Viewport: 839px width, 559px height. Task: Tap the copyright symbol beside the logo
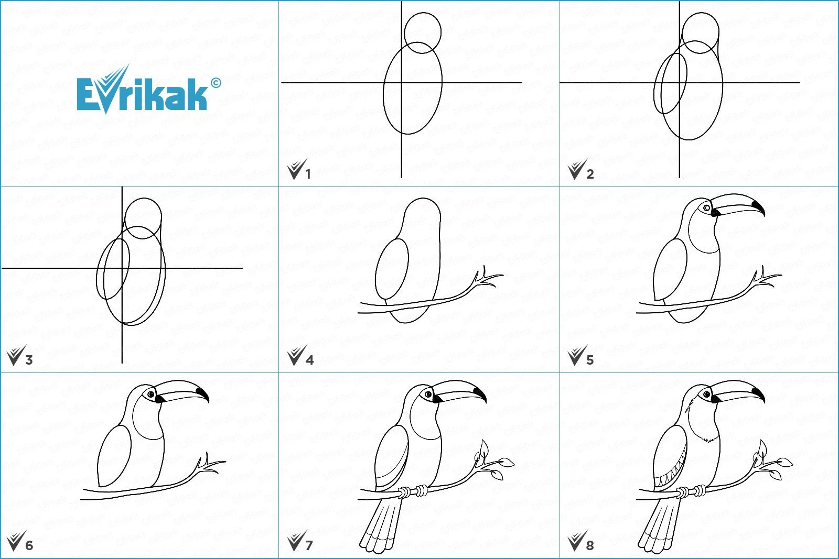click(x=216, y=83)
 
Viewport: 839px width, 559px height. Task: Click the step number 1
click(x=308, y=174)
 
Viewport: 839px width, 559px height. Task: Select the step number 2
click(x=590, y=174)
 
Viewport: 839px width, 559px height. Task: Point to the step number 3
click(x=29, y=360)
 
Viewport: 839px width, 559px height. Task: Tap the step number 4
click(x=309, y=360)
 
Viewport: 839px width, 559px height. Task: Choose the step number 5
click(x=590, y=360)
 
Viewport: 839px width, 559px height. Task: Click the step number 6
click(x=29, y=546)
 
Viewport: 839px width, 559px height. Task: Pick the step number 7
click(x=309, y=546)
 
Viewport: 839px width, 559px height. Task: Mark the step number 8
click(x=590, y=546)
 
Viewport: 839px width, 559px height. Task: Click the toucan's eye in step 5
click(x=706, y=208)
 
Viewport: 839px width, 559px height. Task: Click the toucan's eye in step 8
click(x=707, y=394)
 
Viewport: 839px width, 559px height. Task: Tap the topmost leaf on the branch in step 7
click(x=484, y=447)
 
